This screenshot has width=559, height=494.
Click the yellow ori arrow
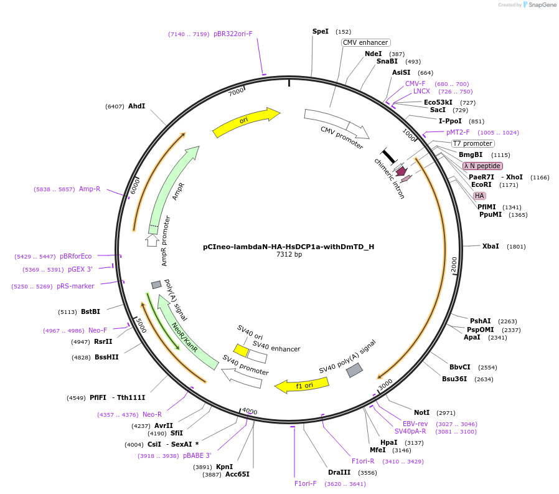(246, 122)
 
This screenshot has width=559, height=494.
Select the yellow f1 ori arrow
(302, 386)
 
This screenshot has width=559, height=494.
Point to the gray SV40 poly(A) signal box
(355, 370)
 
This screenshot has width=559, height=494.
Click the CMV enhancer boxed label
(365, 42)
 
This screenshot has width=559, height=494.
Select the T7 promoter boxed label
(472, 143)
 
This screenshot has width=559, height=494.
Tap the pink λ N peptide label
(482, 166)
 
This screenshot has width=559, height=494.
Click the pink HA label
(479, 196)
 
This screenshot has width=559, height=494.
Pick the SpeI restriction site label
(321, 31)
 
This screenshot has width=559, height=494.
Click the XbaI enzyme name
(491, 246)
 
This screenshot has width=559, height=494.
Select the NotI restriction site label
(422, 412)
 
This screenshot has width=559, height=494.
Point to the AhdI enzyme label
(136, 106)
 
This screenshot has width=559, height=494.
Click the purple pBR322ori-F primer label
(233, 34)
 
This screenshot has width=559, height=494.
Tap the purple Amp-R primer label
(90, 189)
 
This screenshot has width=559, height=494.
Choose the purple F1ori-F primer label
(305, 483)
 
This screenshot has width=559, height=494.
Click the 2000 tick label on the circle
(454, 265)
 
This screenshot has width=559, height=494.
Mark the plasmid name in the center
(288, 247)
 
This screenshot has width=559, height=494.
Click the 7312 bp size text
(289, 254)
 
